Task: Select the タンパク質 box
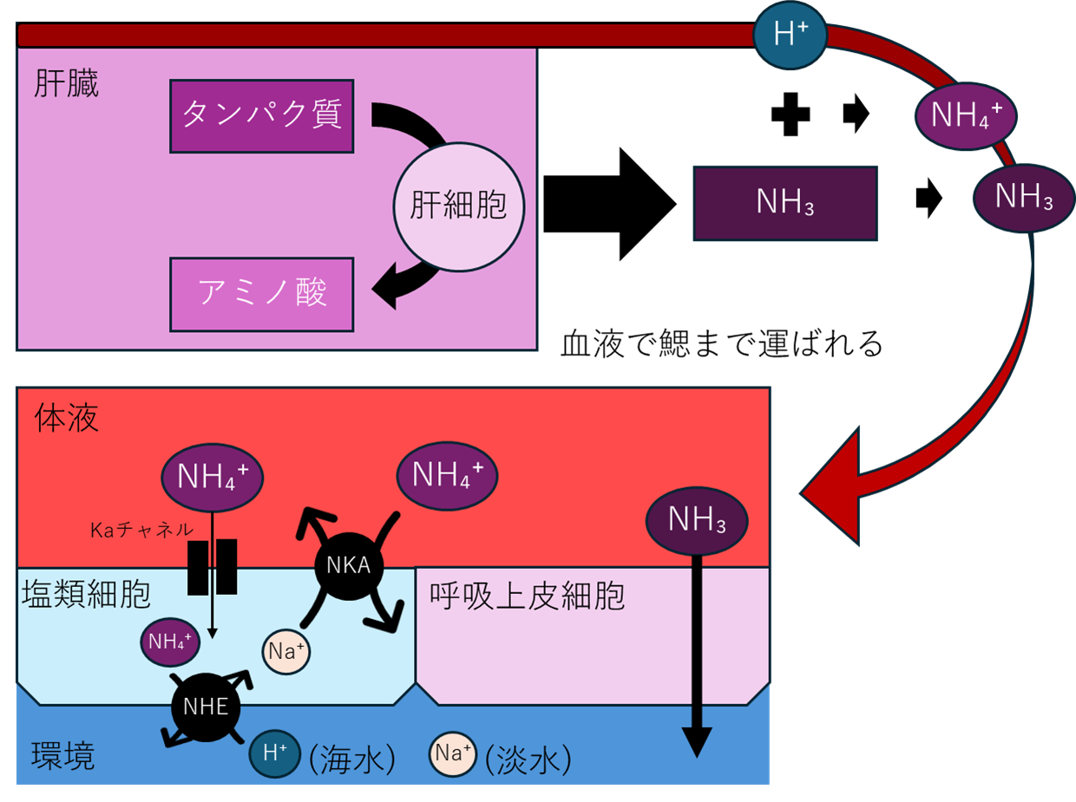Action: (x=262, y=116)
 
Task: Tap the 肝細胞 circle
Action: (x=459, y=206)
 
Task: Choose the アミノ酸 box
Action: (x=262, y=295)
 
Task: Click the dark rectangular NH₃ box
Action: (x=784, y=204)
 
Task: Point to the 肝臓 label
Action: (x=67, y=84)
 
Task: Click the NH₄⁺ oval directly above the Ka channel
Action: (x=212, y=477)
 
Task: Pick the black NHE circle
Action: (x=206, y=707)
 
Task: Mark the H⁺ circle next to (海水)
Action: (x=275, y=753)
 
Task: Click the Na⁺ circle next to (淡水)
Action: (x=453, y=753)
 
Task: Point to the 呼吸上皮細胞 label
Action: (x=527, y=596)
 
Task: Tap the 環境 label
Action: (x=63, y=756)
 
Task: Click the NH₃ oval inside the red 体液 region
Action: (x=697, y=520)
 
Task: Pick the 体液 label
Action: (x=67, y=419)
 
